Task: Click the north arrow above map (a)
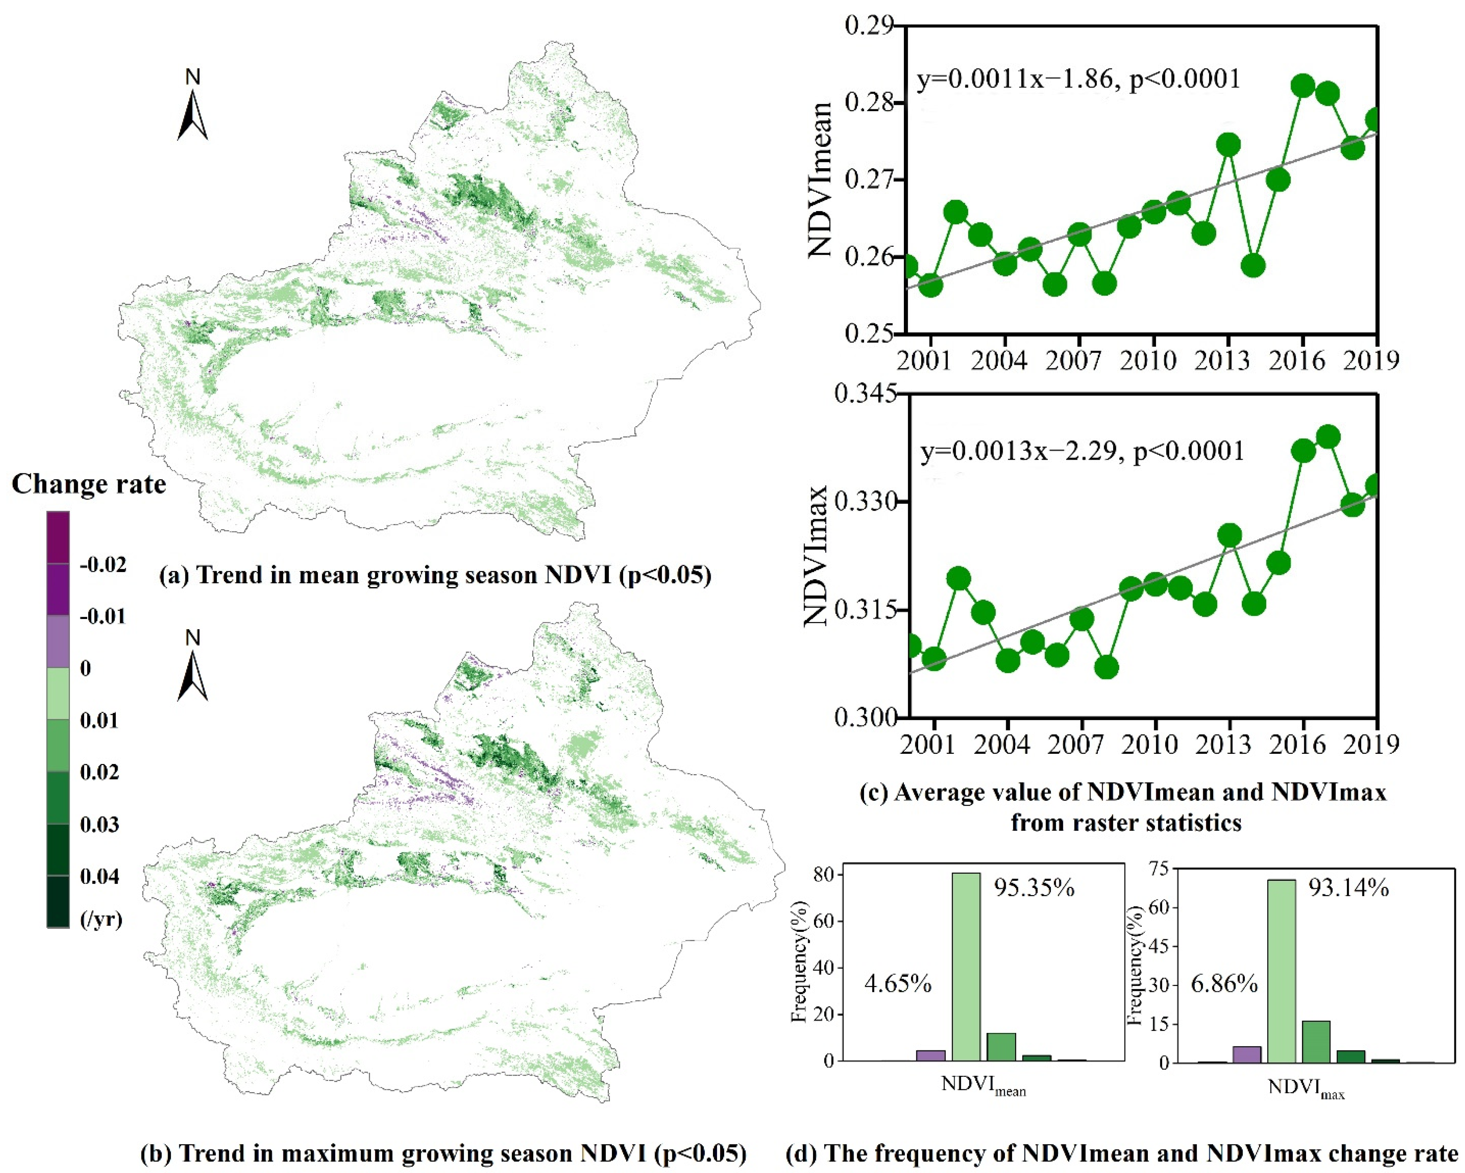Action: tap(193, 109)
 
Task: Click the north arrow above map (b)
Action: tap(193, 669)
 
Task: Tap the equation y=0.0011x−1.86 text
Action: tap(1078, 80)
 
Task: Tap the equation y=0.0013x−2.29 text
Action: tap(1082, 451)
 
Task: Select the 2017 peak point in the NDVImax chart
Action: tap(1327, 437)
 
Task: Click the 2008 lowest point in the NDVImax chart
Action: tap(1106, 668)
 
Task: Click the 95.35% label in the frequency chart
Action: tap(1034, 888)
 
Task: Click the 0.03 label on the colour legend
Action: tap(99, 824)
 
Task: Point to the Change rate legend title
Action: tap(88, 484)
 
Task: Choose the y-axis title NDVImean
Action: tap(820, 180)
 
